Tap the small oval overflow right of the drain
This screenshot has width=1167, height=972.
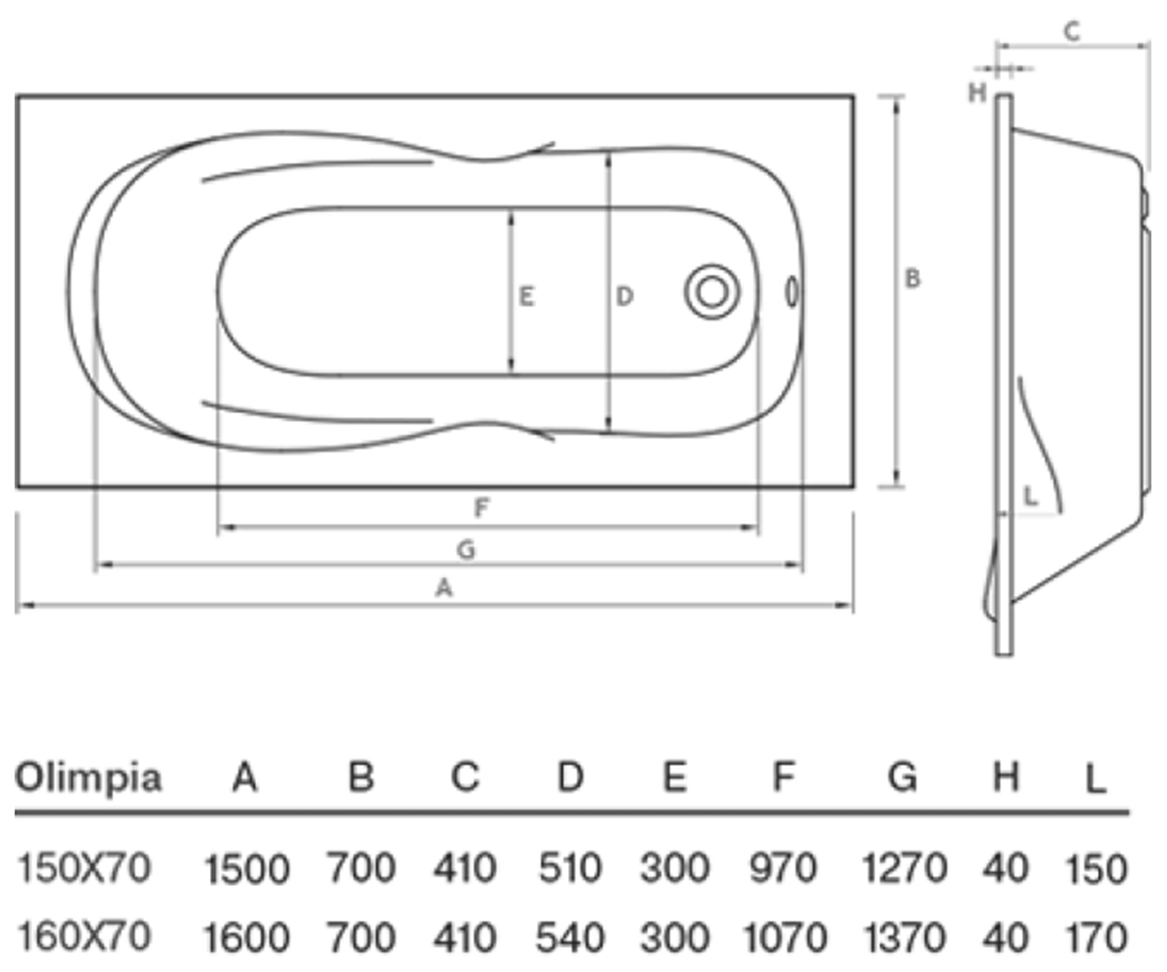[x=792, y=292]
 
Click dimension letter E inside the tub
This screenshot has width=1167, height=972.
[x=526, y=296]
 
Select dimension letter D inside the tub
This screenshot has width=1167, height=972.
[x=624, y=296]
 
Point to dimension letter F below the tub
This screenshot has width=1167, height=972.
[x=481, y=507]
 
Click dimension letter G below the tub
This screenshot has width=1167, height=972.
[x=466, y=550]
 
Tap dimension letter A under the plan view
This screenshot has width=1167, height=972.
[x=443, y=588]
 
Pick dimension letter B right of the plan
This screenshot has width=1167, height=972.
[x=912, y=278]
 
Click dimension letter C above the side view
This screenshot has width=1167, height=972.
[x=1072, y=31]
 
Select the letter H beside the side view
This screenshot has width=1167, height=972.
[x=977, y=92]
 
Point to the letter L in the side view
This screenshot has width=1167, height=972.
[x=1030, y=496]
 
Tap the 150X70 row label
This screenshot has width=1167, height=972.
[x=84, y=868]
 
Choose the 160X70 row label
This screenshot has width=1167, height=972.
[x=84, y=936]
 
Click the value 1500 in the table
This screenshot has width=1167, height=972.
[x=246, y=870]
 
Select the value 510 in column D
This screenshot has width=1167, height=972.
[x=570, y=868]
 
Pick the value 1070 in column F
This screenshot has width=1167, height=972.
[x=785, y=937]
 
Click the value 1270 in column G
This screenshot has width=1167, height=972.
[x=903, y=868]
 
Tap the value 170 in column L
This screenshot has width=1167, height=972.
[x=1097, y=937]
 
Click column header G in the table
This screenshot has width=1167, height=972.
[x=902, y=777]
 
